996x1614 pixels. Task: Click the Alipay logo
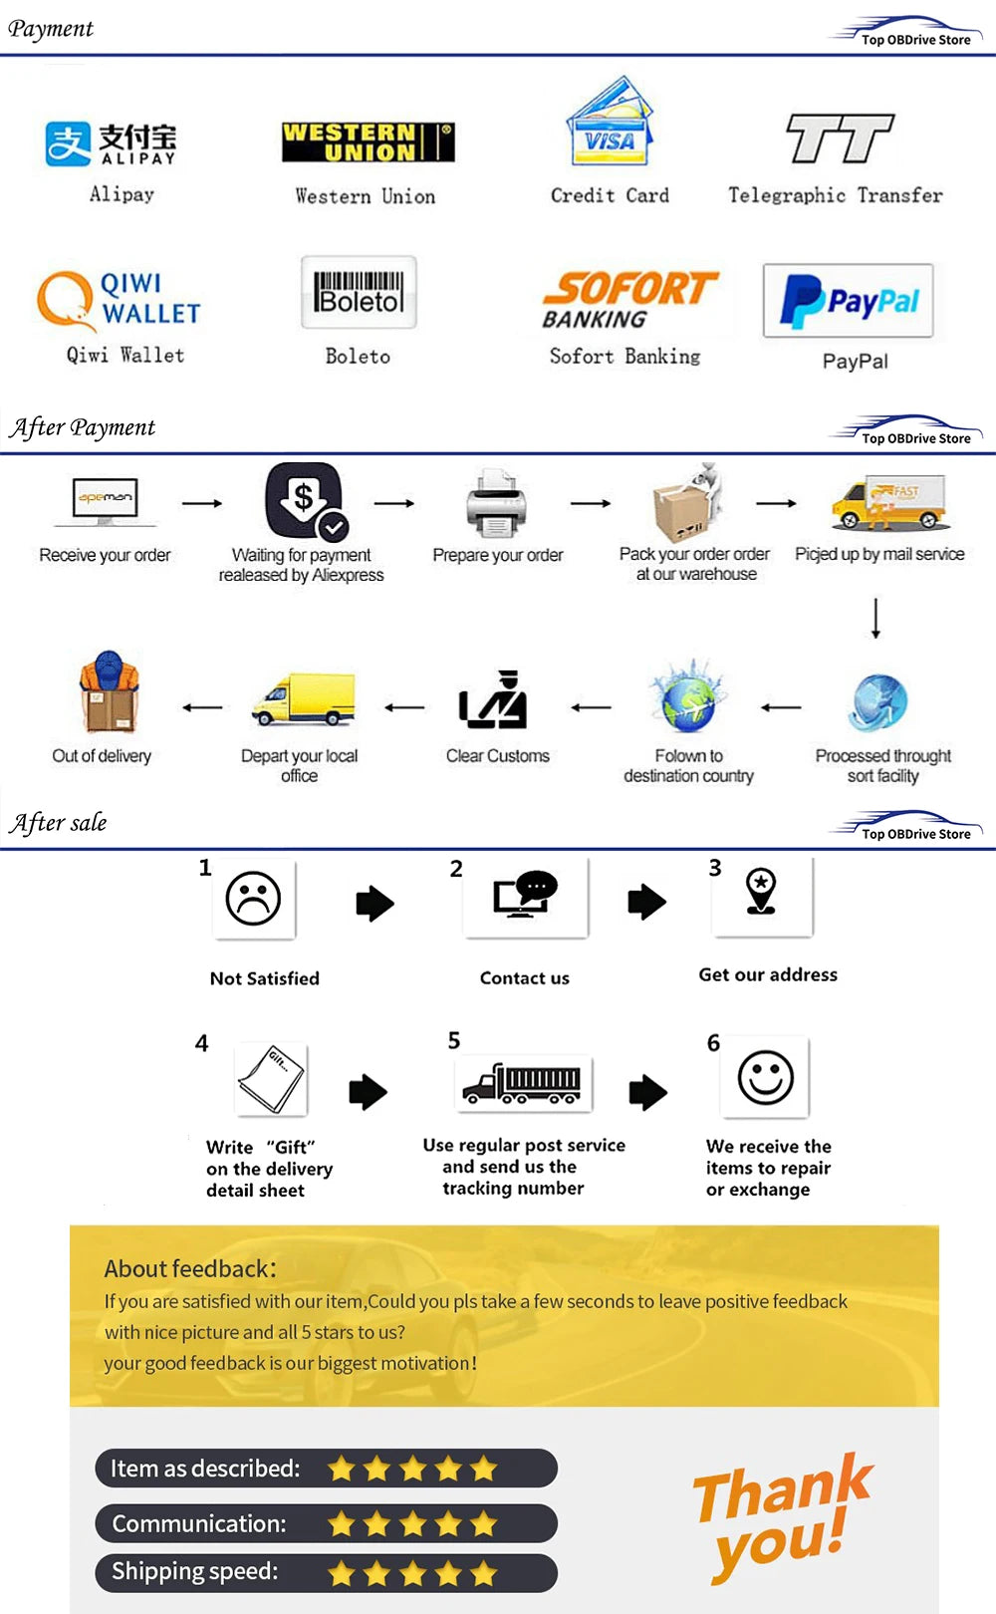pyautogui.click(x=111, y=143)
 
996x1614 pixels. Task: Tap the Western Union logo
pyautogui.click(x=369, y=142)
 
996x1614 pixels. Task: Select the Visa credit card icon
pyautogui.click(x=610, y=125)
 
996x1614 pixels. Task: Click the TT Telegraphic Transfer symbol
pyautogui.click(x=840, y=138)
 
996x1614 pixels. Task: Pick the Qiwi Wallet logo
pyautogui.click(x=120, y=299)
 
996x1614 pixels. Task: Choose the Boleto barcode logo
pyautogui.click(x=359, y=292)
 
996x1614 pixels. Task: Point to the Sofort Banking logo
pyautogui.click(x=629, y=300)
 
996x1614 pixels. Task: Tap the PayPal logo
pyautogui.click(x=848, y=301)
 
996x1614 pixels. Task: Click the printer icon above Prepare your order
pyautogui.click(x=496, y=504)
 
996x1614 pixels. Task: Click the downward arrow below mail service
pyautogui.click(x=875, y=618)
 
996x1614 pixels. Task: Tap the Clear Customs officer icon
pyautogui.click(x=494, y=700)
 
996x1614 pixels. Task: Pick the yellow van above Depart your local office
pyautogui.click(x=304, y=699)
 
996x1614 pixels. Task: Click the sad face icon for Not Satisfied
pyautogui.click(x=253, y=899)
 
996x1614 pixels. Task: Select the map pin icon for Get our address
pyautogui.click(x=762, y=890)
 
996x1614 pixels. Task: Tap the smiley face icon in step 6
pyautogui.click(x=765, y=1077)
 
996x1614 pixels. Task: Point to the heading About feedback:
pyautogui.click(x=190, y=1268)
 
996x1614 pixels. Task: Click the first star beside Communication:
pyautogui.click(x=342, y=1523)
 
